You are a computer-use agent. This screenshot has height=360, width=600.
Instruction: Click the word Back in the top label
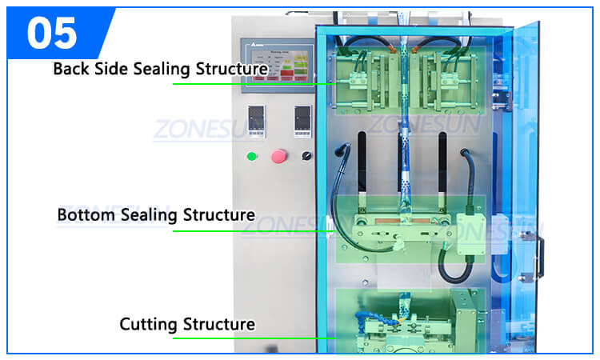(70, 68)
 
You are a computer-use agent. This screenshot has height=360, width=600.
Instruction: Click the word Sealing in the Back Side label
(159, 69)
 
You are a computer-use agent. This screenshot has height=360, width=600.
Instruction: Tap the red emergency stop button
(279, 155)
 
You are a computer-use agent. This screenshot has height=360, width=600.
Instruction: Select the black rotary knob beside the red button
(306, 155)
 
